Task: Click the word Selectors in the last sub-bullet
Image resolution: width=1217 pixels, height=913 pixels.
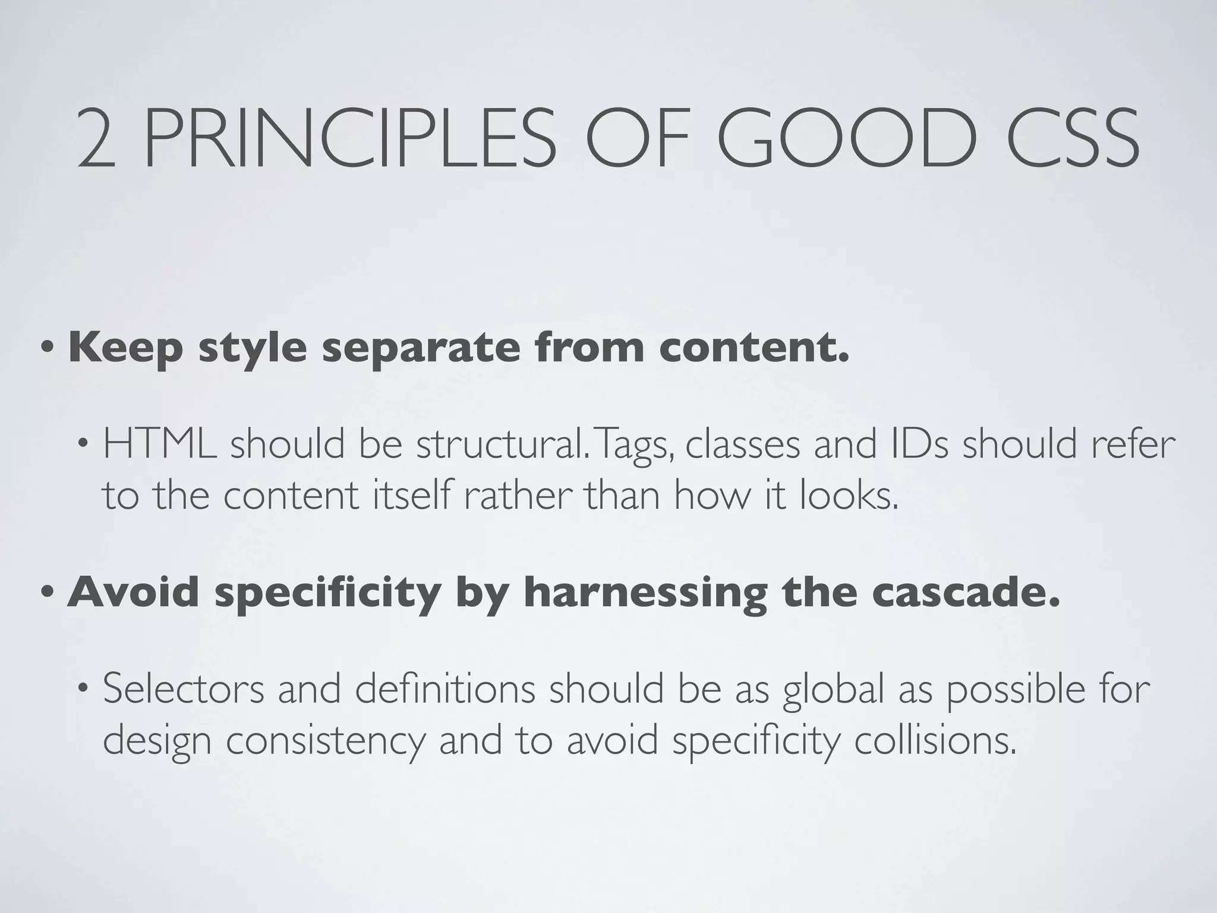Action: point(184,690)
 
